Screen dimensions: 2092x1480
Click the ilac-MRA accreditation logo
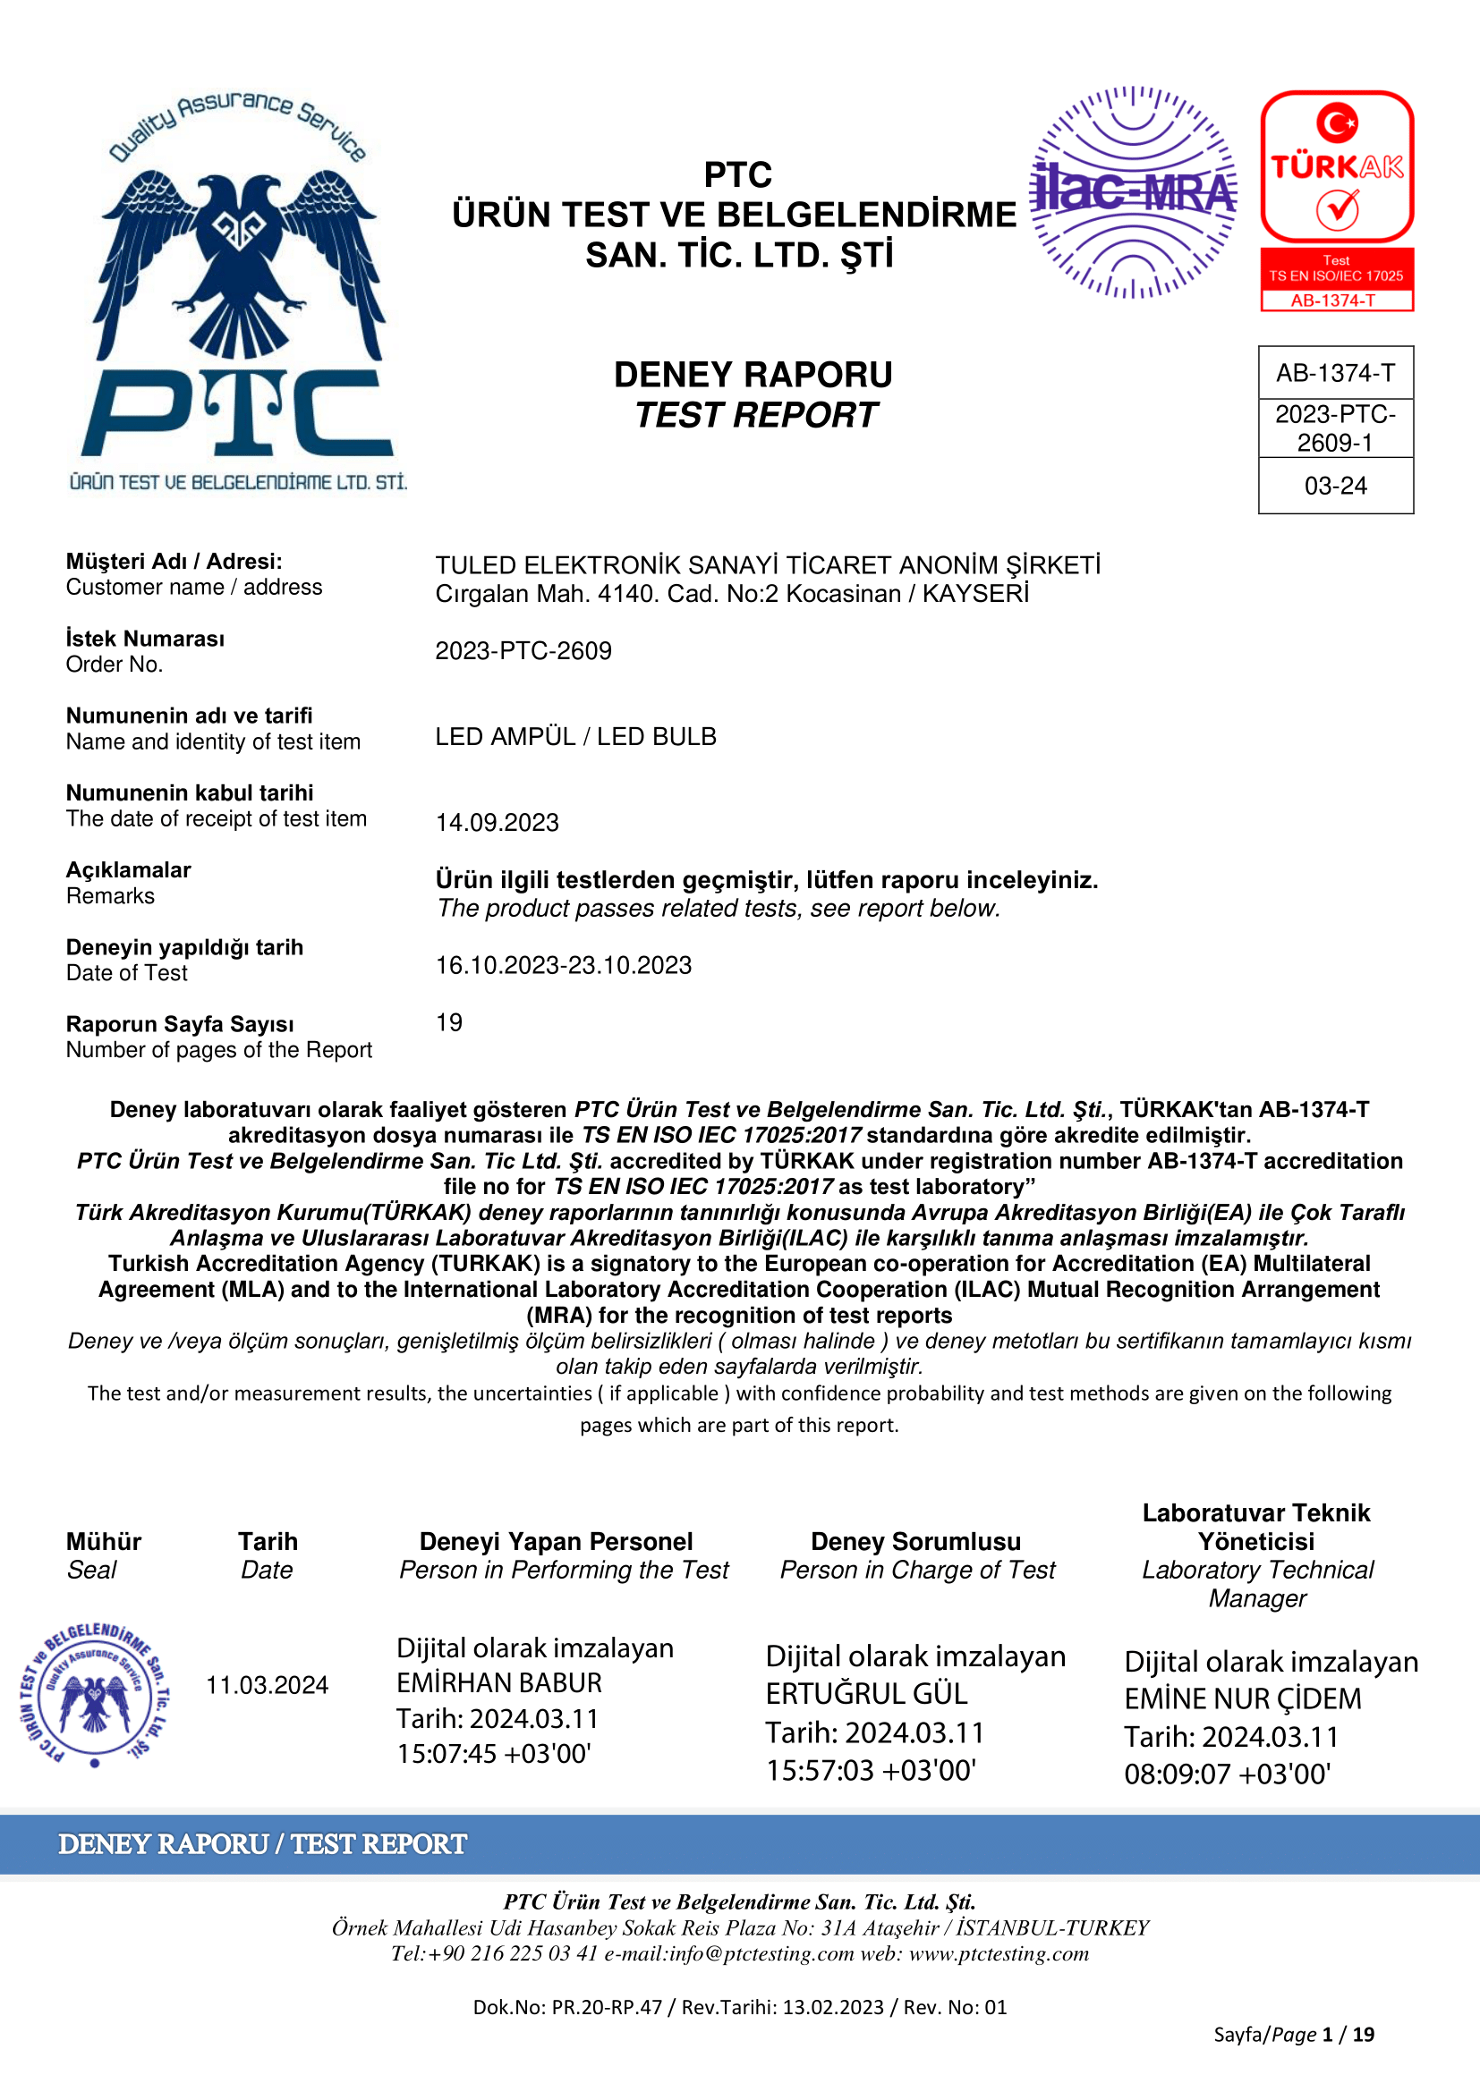click(x=1133, y=192)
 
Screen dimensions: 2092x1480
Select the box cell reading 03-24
click(x=1335, y=486)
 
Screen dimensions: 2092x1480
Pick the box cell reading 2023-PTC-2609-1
click(x=1335, y=428)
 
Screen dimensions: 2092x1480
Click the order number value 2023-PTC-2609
click(x=523, y=650)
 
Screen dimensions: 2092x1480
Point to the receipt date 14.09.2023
click(x=497, y=822)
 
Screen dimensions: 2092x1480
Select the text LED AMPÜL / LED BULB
click(x=575, y=736)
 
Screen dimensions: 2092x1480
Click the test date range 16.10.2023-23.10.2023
click(x=563, y=965)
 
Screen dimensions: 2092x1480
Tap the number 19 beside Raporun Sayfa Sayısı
click(x=449, y=1022)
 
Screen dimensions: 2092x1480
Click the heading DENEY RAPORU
click(x=753, y=375)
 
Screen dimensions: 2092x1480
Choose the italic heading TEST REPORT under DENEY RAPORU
click(x=755, y=416)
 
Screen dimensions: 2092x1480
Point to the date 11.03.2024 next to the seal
click(x=267, y=1685)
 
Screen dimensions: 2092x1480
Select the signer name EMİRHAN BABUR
click(x=499, y=1682)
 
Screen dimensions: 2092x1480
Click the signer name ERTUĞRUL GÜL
click(x=866, y=1693)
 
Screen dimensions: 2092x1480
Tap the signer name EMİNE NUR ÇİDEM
click(x=1242, y=1698)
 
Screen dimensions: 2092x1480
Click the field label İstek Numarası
click(x=145, y=639)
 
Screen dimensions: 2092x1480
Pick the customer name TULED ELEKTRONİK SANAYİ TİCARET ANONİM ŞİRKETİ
click(x=768, y=565)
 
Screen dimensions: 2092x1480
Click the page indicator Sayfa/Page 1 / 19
click(x=1293, y=2035)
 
